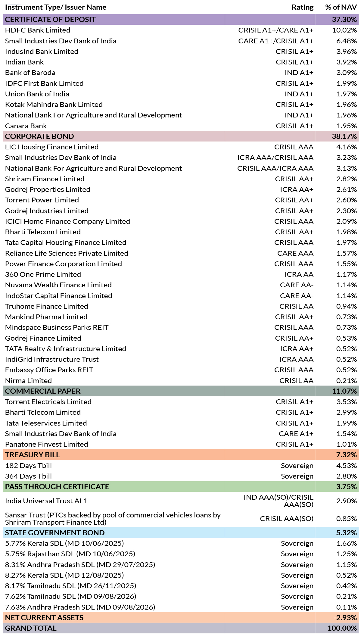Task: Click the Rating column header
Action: coord(302,7)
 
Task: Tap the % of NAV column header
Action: coord(341,7)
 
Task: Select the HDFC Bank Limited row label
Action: coord(38,30)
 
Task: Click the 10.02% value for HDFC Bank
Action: coord(344,30)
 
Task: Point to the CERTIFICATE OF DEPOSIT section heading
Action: coord(50,20)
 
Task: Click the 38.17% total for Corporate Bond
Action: coord(344,136)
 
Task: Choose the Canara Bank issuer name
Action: coord(26,126)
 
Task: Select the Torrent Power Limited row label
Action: coord(42,200)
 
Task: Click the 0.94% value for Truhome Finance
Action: coord(347,306)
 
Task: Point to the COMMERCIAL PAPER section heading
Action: coord(43,391)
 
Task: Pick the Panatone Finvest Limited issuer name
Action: coord(47,444)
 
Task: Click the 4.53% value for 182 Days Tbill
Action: coord(347,466)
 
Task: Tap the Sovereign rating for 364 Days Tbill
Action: coord(297,476)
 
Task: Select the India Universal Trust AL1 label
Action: coord(46,501)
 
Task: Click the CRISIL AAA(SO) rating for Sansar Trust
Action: coord(287,519)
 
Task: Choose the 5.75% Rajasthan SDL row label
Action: coord(70,554)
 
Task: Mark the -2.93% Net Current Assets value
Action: coord(345,618)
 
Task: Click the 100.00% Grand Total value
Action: coord(342,628)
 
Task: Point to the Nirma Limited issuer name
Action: coord(28,381)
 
